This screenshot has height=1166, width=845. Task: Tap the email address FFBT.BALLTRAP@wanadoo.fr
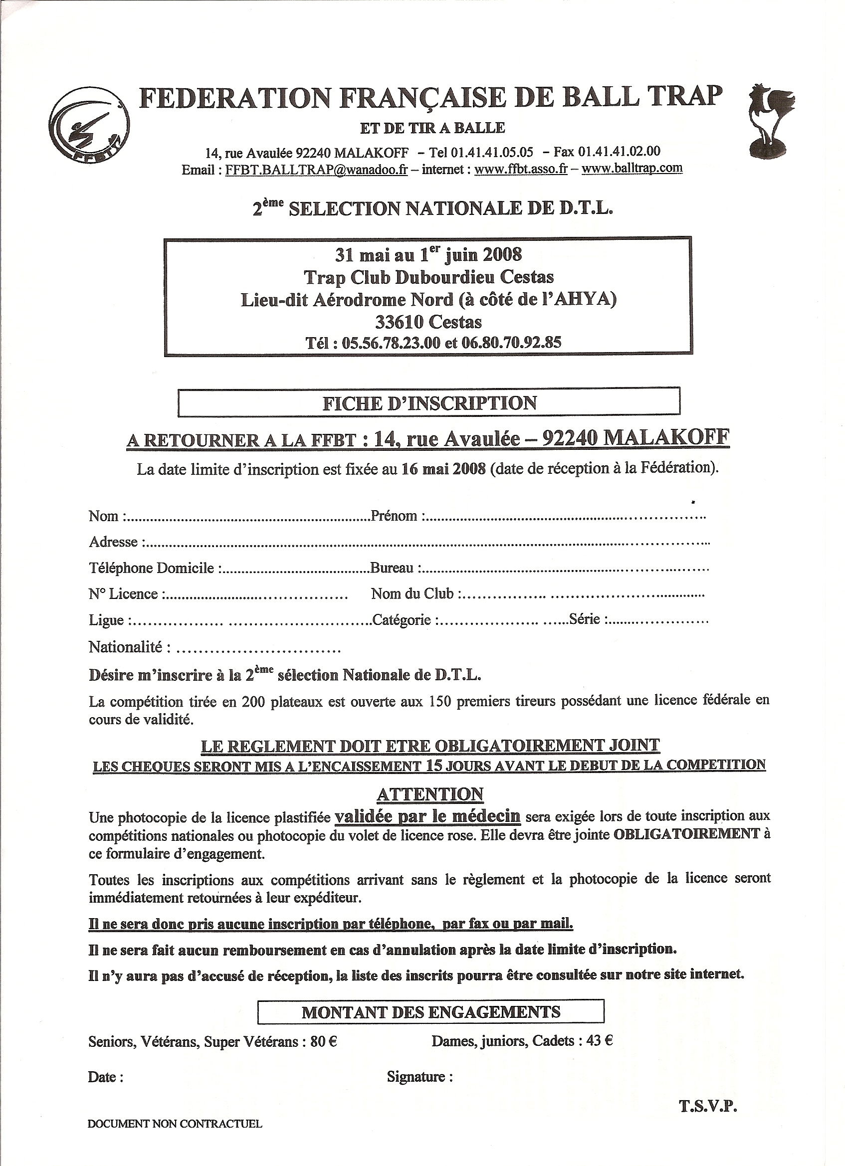(316, 170)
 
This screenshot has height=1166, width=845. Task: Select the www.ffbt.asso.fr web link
(520, 169)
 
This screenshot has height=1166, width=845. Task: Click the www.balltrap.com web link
(632, 168)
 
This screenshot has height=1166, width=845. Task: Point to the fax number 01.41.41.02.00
(619, 151)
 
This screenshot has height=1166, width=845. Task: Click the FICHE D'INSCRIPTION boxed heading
(429, 402)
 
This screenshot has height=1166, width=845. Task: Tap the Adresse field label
(114, 542)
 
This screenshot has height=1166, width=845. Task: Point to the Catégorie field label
(402, 620)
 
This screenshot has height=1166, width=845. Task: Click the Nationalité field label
(126, 647)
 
